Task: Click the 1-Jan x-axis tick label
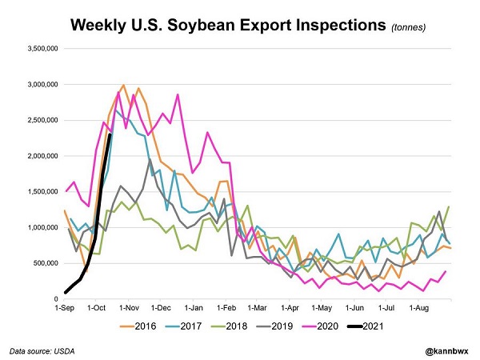tap(194, 307)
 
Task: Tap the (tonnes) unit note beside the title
tap(409, 27)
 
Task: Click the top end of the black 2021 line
tap(110, 134)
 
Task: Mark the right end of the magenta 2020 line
tap(445, 271)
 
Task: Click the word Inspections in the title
tap(332, 24)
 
